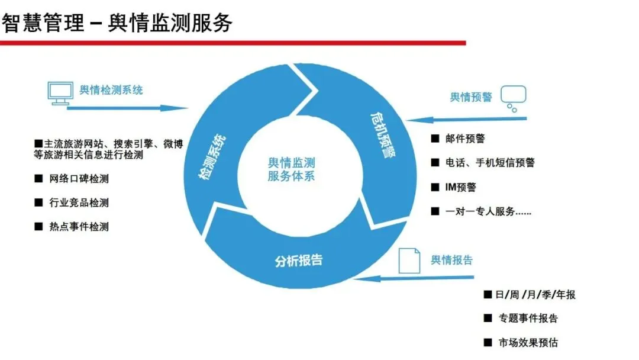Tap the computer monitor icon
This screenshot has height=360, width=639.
60,93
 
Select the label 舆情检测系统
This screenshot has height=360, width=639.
111,90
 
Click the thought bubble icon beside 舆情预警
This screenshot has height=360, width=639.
512,98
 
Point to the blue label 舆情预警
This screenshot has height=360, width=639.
471,97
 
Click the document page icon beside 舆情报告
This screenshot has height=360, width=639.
409,261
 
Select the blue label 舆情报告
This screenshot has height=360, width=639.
451,260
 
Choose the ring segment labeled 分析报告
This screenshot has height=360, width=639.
299,261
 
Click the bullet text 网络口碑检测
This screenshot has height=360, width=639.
79,179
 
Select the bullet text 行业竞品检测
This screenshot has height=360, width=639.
79,202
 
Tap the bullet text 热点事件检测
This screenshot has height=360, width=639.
79,226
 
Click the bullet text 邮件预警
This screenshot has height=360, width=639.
466,139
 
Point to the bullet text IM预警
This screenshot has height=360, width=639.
461,187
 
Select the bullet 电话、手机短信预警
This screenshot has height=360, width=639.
490,163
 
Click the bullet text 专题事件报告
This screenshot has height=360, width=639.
528,319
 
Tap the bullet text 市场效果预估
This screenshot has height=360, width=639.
528,342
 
